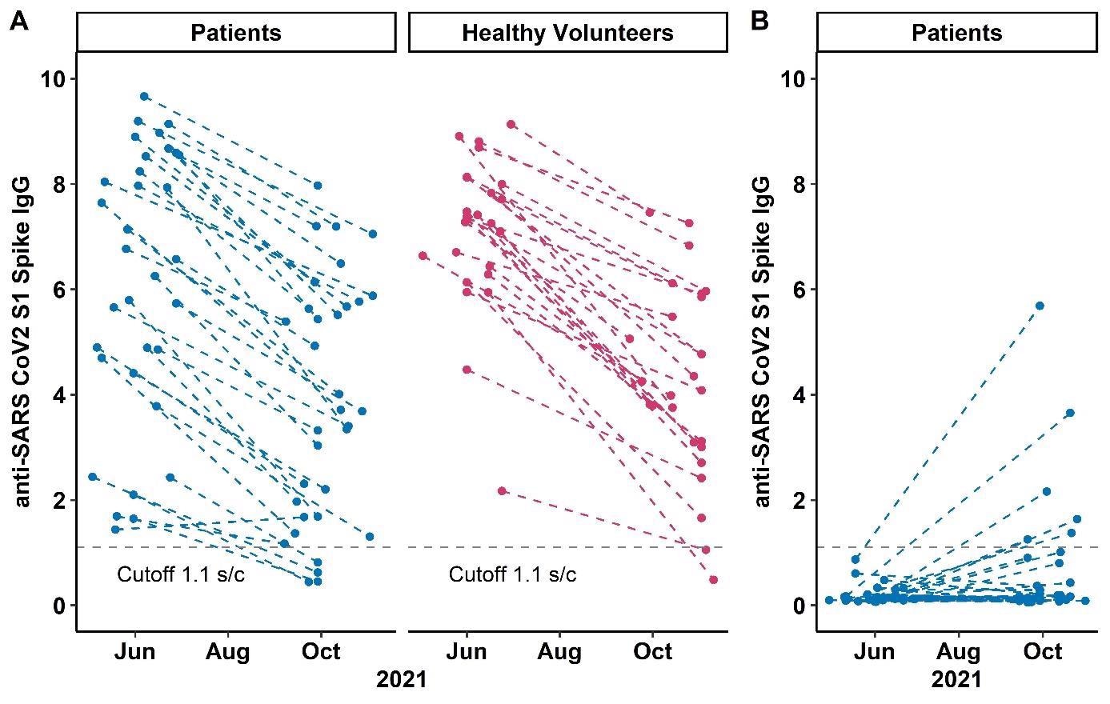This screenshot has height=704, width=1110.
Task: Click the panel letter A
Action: point(19,21)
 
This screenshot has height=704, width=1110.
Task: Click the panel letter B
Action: point(759,21)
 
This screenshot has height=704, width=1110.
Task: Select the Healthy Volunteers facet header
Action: point(567,33)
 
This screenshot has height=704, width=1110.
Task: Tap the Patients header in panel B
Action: point(956,33)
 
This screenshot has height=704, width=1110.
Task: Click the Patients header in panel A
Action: point(236,33)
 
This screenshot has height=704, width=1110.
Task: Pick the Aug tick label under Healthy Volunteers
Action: point(559,651)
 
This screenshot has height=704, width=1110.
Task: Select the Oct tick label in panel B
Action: point(1043,651)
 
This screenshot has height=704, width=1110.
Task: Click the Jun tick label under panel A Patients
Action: point(135,651)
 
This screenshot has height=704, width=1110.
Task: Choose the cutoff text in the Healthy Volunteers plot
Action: point(512,574)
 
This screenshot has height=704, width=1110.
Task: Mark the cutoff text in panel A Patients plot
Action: point(181,574)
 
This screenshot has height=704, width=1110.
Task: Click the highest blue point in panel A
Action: point(144,96)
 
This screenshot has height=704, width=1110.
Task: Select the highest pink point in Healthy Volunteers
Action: point(511,124)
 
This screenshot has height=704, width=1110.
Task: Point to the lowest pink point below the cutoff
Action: point(713,579)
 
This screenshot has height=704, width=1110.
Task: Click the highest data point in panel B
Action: point(1040,306)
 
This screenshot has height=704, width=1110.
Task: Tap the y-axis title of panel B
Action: point(762,342)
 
